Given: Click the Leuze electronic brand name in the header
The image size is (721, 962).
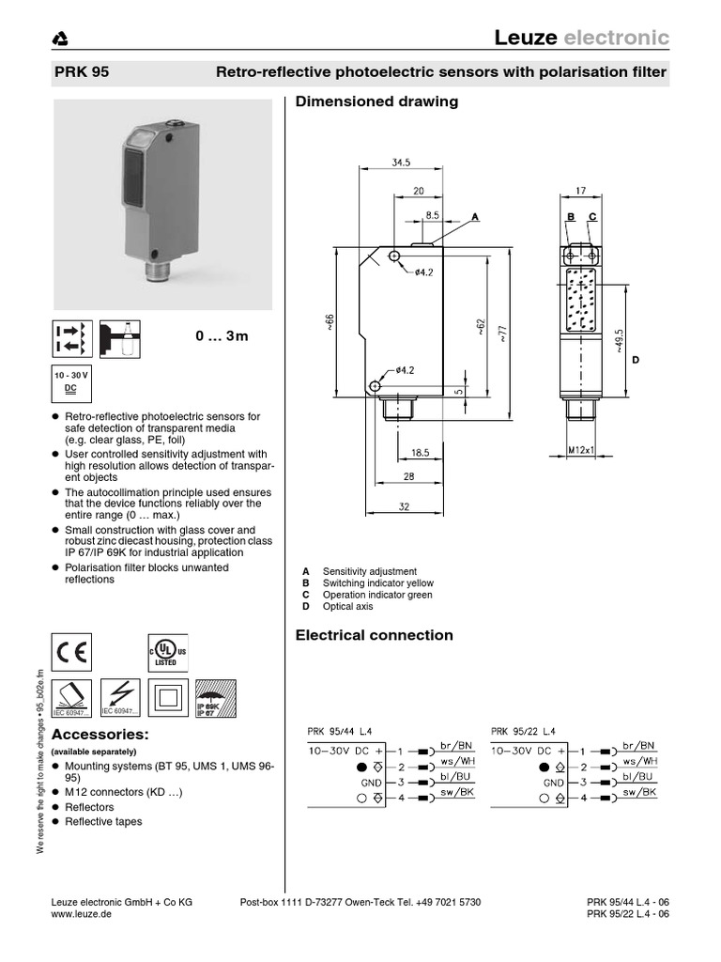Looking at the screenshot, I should (581, 38).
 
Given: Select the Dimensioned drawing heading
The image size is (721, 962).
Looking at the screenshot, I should (376, 101).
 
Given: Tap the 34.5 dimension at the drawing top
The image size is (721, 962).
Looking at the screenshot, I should (402, 163).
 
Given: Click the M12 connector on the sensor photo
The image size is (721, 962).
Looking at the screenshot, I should (156, 273).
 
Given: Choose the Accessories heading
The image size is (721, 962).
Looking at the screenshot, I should (100, 733).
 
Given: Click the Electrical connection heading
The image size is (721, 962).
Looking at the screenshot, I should (374, 635).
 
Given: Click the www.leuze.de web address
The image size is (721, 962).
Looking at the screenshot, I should (80, 914).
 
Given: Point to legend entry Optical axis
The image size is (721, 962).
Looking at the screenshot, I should (347, 607).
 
